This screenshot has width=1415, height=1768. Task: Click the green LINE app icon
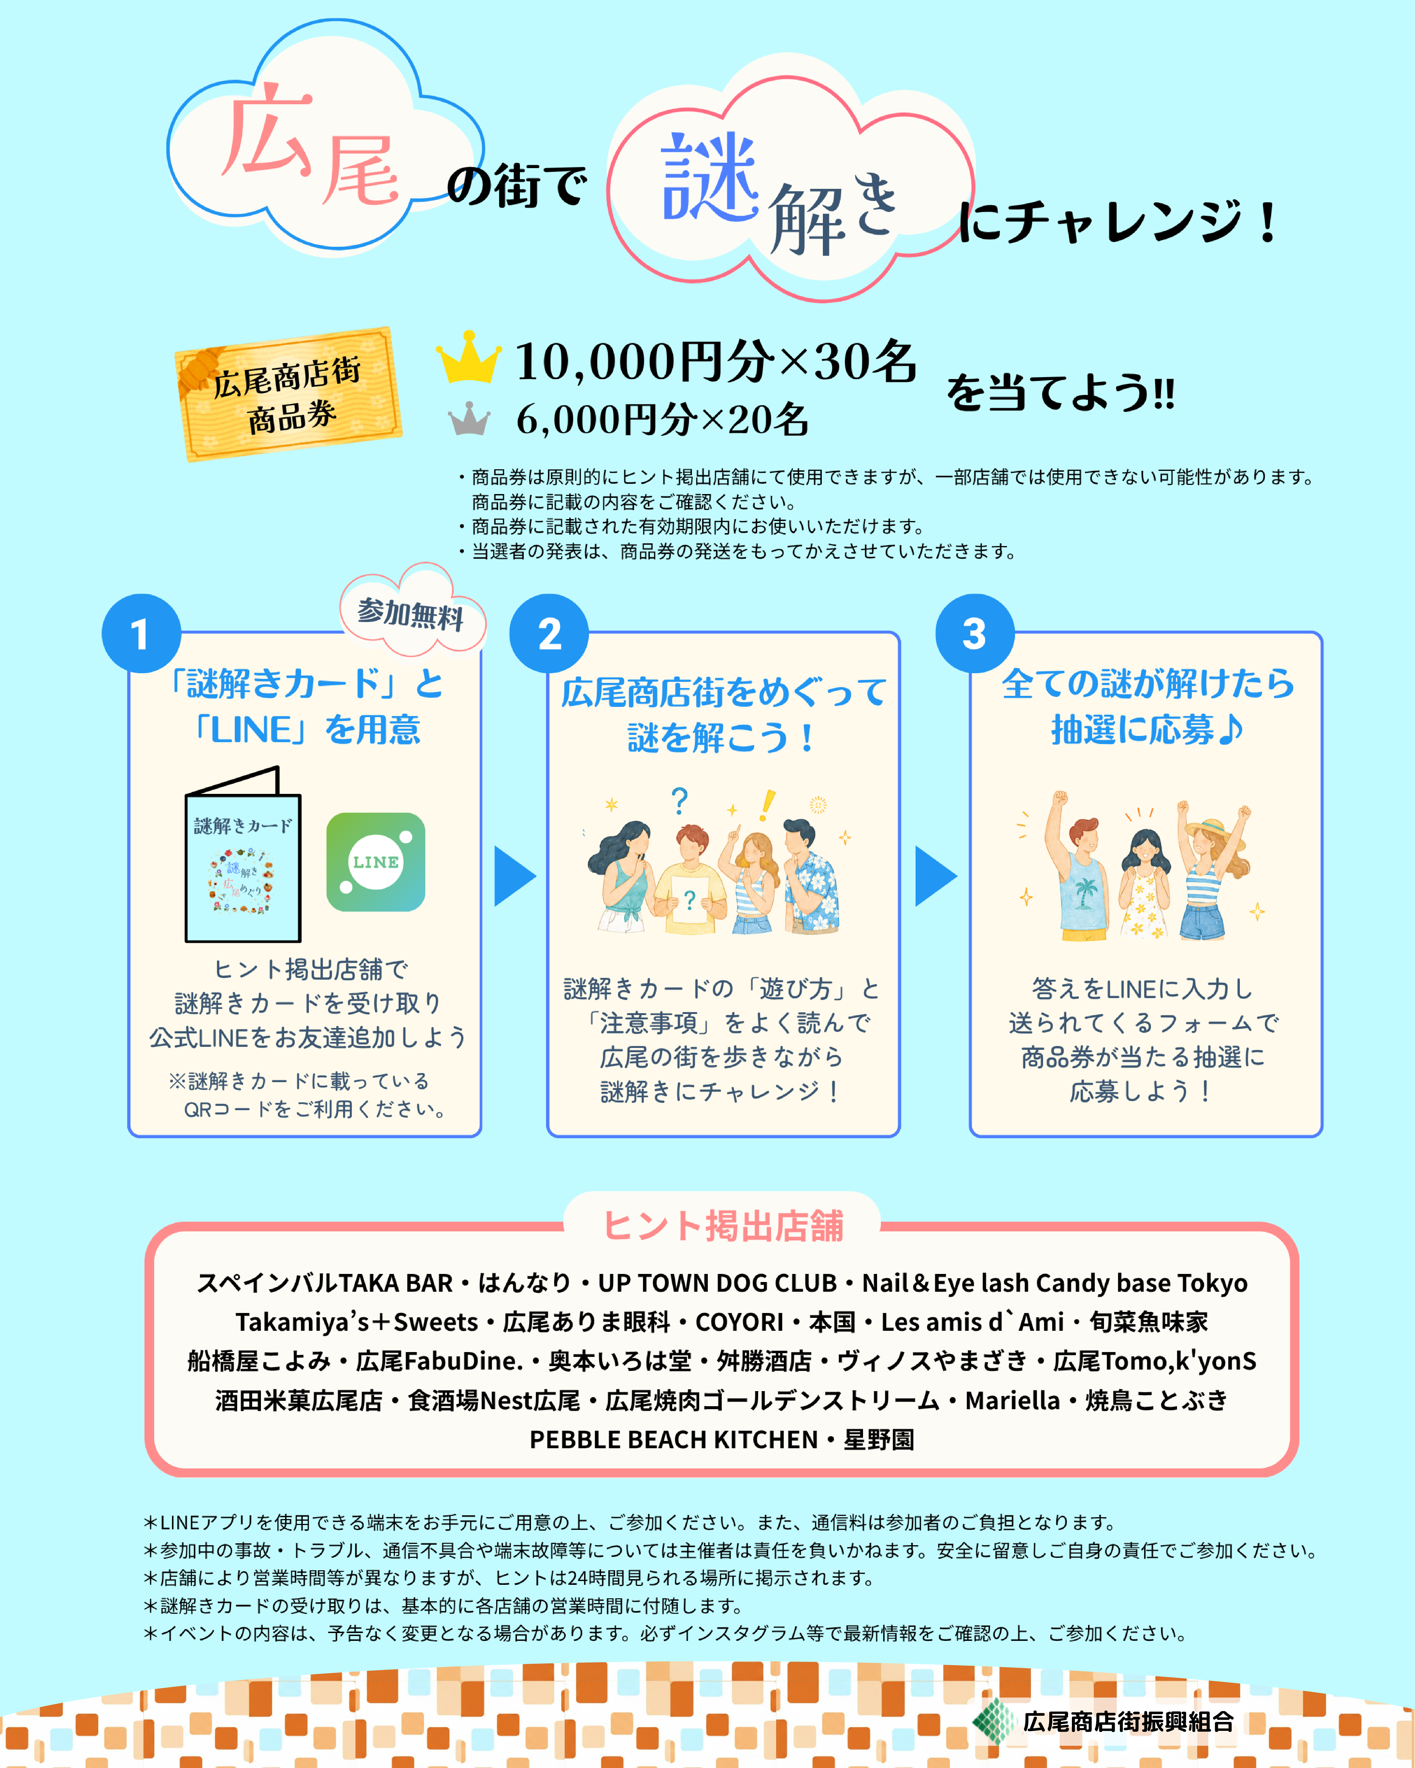tap(376, 862)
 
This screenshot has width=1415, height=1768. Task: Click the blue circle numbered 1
tap(141, 634)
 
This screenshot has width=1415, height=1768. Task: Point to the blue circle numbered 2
tap(549, 634)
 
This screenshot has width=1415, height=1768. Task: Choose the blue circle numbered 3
tap(975, 634)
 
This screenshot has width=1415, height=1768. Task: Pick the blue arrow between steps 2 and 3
tap(935, 876)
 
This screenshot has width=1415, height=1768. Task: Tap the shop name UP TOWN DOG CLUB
tap(717, 1283)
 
